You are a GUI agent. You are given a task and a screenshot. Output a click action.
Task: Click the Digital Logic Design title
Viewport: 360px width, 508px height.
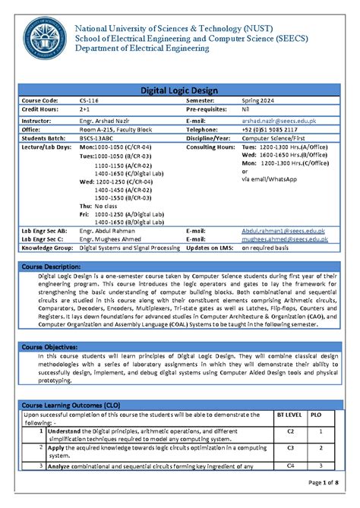click(179, 90)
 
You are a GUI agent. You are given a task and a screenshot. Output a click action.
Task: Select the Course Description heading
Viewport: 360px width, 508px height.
click(55, 266)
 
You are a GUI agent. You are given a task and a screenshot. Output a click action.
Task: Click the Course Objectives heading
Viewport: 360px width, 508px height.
click(52, 346)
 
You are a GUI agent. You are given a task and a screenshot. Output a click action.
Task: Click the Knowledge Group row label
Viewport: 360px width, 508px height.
click(47, 248)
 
